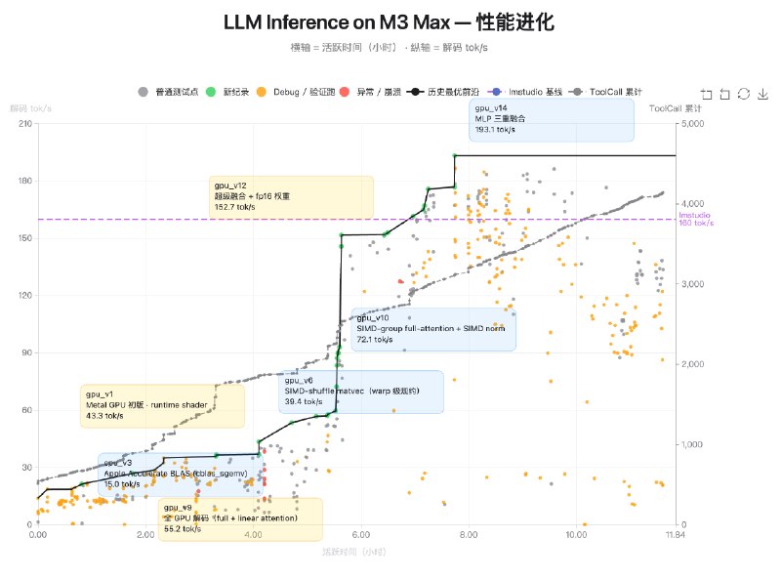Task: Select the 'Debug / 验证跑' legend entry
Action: click(x=299, y=93)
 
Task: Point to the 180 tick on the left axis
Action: click(x=24, y=181)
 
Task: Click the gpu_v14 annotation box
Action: click(x=551, y=119)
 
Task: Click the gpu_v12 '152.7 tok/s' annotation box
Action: click(x=291, y=196)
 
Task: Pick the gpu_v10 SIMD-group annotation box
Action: click(x=432, y=329)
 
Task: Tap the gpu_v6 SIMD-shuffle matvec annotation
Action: click(x=361, y=391)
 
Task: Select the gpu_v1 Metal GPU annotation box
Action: click(x=162, y=405)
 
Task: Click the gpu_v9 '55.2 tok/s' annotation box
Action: click(x=240, y=518)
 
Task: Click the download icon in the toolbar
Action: click(x=763, y=94)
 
